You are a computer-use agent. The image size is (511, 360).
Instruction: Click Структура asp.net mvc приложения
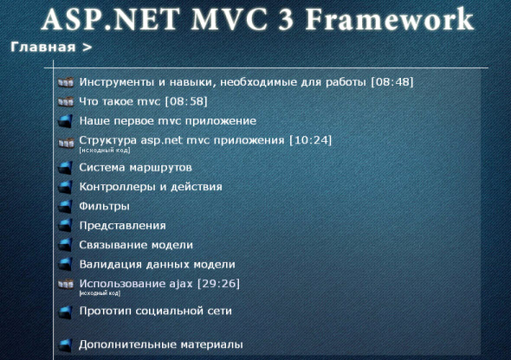tap(182, 139)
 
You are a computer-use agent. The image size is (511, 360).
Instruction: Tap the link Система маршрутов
tap(135, 167)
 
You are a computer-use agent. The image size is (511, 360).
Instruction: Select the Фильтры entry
tap(104, 206)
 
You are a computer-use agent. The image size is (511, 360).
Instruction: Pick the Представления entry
tap(122, 225)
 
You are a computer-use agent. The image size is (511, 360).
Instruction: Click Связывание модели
tap(136, 244)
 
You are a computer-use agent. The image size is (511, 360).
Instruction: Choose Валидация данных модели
tap(157, 264)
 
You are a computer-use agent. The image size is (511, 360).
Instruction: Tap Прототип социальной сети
tap(155, 310)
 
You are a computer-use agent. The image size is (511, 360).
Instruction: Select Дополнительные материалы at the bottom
tap(160, 344)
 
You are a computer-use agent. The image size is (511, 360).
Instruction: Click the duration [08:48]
tap(391, 82)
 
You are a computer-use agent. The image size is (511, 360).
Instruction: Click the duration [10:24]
tap(311, 139)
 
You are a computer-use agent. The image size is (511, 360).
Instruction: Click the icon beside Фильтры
tap(63, 206)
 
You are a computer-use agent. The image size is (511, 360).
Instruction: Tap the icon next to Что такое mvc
tap(63, 101)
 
